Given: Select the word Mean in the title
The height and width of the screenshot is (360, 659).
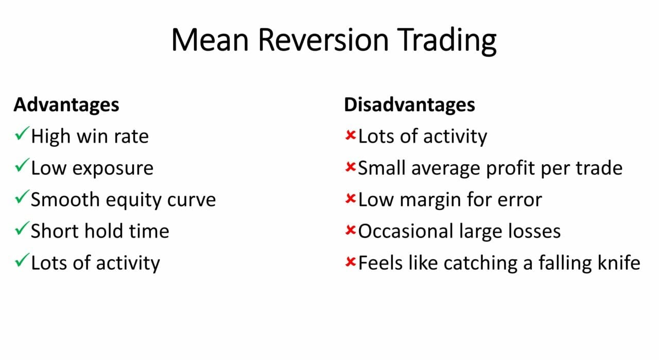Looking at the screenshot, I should (212, 40).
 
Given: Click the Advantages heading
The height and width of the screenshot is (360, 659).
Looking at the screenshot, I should (66, 105).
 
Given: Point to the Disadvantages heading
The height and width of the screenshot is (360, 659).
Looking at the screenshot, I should (409, 105).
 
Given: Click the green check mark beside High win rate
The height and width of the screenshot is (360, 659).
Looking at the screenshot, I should (22, 135).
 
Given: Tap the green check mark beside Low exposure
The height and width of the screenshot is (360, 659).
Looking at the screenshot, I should (22, 167).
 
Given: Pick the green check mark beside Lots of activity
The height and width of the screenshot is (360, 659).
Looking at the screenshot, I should (22, 262).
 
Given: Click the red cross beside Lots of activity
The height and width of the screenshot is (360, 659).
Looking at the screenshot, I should (351, 136).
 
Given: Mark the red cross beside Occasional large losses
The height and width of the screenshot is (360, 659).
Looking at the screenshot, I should (351, 231).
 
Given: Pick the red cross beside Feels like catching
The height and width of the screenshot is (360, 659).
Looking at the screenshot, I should (351, 263).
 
